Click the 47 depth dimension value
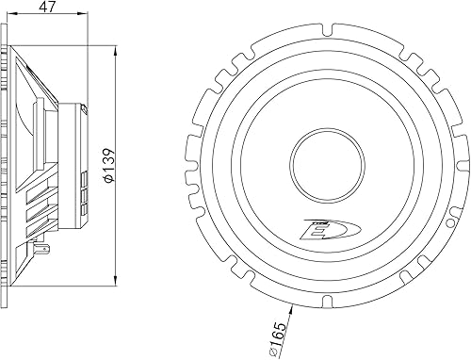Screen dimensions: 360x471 tap(45, 8)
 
